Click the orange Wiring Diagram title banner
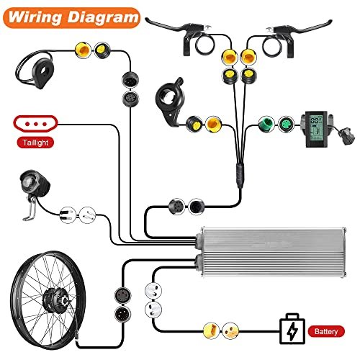tap(71, 18)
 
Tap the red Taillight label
tap(35, 143)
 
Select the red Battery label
tap(326, 331)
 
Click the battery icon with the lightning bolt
tap(292, 329)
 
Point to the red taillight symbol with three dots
tap(35, 124)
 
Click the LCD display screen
tap(316, 129)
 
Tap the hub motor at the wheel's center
tap(55, 298)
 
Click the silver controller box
tap(271, 251)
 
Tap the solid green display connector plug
tap(266, 124)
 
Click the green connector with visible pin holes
tap(286, 124)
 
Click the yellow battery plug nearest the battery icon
tap(230, 330)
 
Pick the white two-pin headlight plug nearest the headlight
tap(68, 215)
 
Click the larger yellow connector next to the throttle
tap(213, 124)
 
